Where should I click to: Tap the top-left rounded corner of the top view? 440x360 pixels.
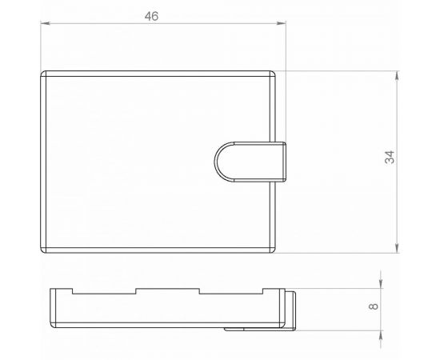click(x=44, y=74)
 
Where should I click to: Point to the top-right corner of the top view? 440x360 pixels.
click(x=274, y=74)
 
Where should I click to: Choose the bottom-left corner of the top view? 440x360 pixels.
click(x=44, y=249)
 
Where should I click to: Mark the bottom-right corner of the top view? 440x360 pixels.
click(x=274, y=249)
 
